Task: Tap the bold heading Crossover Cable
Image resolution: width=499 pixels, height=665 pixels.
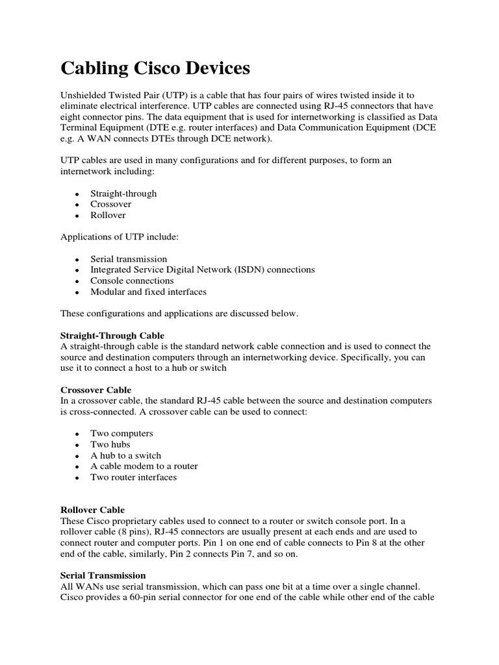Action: [96, 390]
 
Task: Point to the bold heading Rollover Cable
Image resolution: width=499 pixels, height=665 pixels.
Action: [92, 510]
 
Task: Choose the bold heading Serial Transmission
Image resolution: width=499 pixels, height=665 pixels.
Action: [103, 575]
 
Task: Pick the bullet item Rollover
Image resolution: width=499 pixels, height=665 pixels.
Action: [108, 215]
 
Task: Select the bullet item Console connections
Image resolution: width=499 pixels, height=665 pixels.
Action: [132, 281]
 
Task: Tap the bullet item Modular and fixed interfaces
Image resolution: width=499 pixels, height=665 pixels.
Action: [148, 292]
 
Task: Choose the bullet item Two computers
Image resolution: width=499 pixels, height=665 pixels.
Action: [122, 433]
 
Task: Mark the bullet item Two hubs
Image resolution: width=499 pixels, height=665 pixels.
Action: [110, 444]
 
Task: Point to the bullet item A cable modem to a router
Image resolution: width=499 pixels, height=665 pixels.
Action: [144, 466]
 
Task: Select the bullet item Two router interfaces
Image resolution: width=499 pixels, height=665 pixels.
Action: [133, 477]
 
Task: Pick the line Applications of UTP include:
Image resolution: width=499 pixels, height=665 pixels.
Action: [119, 237]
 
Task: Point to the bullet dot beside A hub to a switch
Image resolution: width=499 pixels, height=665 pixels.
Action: [77, 456]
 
